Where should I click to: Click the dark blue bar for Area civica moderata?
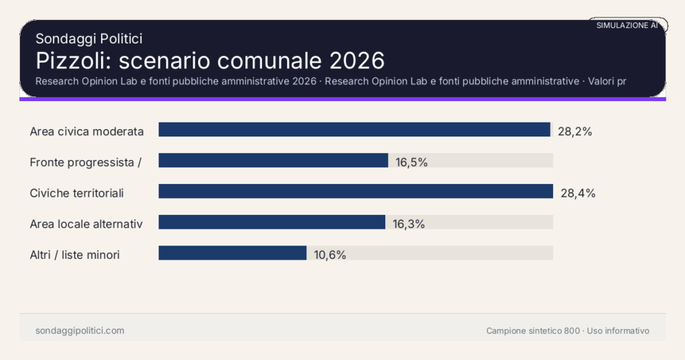coord(354,130)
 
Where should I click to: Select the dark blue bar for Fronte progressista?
coord(273,161)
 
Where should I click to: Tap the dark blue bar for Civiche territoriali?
coord(355,191)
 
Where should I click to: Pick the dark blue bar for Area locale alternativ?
coord(272,222)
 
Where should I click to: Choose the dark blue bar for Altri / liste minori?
coord(232,253)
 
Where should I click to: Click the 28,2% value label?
coord(575,131)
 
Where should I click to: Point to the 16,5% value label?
coord(411,162)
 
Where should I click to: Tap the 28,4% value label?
coord(577,193)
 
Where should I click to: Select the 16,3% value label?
coord(408,224)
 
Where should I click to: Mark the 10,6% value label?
coord(329,255)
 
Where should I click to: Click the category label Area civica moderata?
coord(87,131)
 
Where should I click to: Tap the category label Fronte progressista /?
coord(86,162)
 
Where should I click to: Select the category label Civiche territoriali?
coord(77,193)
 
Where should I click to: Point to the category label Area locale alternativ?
coord(86,223)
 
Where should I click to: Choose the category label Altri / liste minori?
coord(75,254)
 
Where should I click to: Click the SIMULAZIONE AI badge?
coord(627,25)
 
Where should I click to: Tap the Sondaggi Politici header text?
coord(88,39)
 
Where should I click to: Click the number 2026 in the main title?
coord(357,60)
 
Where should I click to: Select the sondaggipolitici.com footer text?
coord(80,331)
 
